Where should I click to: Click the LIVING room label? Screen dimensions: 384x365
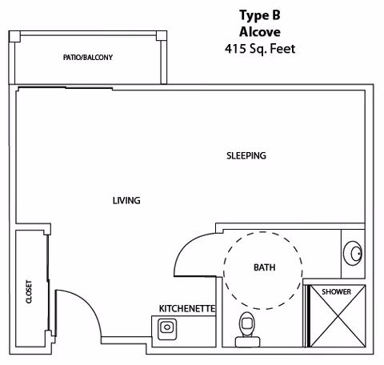[x=126, y=200]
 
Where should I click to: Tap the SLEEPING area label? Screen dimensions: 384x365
[x=246, y=155]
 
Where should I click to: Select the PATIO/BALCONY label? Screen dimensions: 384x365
[x=88, y=58]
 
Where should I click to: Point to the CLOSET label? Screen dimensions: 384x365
[x=29, y=291]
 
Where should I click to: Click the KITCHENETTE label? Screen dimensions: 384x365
[x=187, y=308]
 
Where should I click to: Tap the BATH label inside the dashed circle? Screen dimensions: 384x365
[x=264, y=267]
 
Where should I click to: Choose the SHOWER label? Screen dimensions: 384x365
[x=336, y=291]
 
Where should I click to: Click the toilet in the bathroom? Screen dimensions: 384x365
[x=247, y=330]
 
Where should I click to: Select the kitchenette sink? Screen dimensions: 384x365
[x=167, y=329]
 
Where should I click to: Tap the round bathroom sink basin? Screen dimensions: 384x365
[x=353, y=254]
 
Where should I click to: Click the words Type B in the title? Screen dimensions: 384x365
[x=260, y=15]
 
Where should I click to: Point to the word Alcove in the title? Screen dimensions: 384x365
[x=260, y=32]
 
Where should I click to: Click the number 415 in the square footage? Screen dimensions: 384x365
[x=235, y=49]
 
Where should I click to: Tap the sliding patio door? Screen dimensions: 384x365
[x=66, y=87]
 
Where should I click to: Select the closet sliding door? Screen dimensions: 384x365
[x=48, y=283]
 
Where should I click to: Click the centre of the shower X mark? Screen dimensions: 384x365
[x=338, y=316]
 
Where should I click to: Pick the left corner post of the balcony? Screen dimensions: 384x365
[x=14, y=36]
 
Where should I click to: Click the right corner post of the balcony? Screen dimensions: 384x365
[x=162, y=36]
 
